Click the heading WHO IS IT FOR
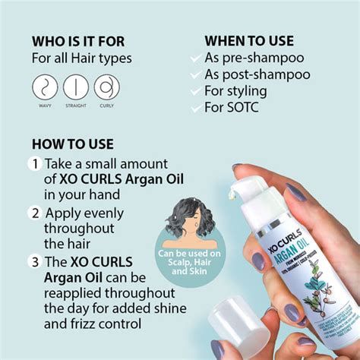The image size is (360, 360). [78, 41]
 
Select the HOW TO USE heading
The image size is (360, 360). [73, 144]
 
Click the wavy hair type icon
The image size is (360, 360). [45, 87]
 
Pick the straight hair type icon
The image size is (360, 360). [76, 87]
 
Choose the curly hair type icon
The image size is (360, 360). [106, 87]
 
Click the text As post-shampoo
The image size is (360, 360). [257, 74]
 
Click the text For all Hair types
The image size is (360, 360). [82, 58]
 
